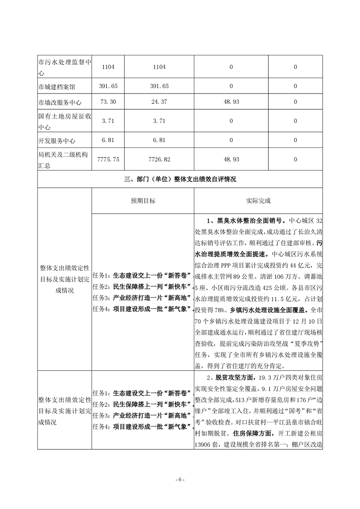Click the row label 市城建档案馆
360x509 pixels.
coord(57,85)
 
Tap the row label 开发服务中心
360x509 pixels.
coord(57,140)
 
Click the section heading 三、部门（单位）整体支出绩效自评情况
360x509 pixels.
coord(180,179)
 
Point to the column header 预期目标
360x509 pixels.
coord(143,201)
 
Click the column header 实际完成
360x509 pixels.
coord(258,201)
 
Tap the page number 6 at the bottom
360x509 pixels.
coord(180,480)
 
